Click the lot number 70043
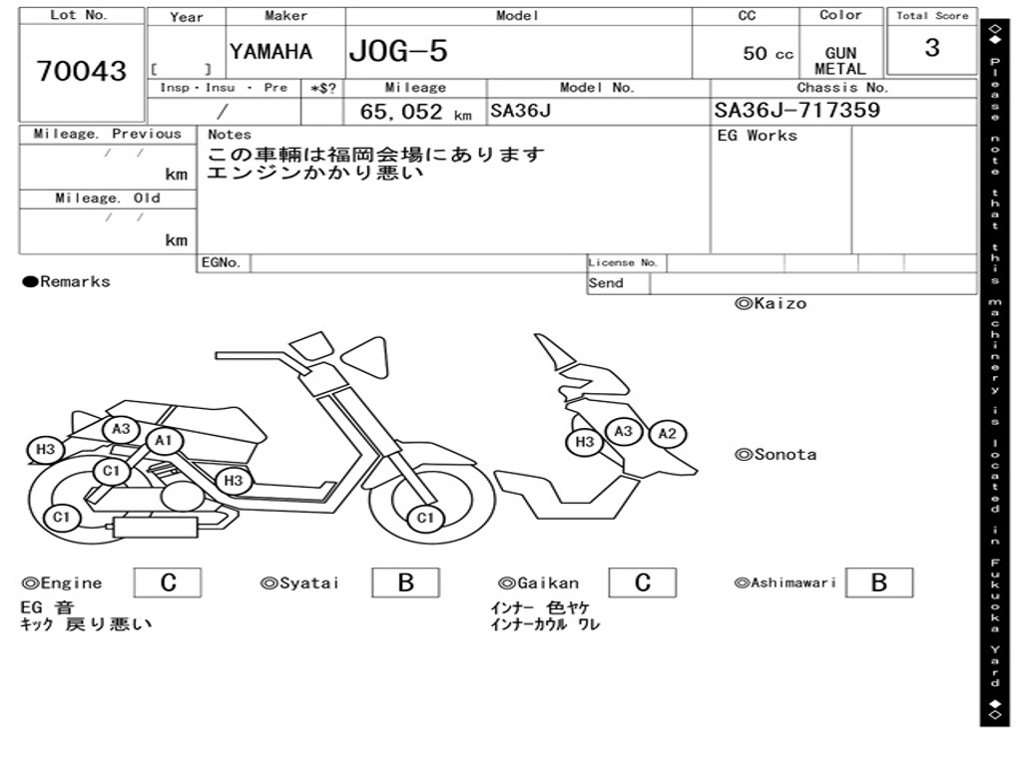coord(82,71)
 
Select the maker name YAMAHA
coord(270,52)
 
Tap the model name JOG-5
coord(398,51)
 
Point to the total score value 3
coord(932,48)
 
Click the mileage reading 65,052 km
coord(416,112)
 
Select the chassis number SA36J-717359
coord(797,110)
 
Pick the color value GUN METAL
coord(840,61)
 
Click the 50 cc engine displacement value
coord(767,54)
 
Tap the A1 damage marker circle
coord(164,441)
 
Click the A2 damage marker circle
coord(668,434)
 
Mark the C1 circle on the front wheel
coord(425,519)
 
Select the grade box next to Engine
coord(168,582)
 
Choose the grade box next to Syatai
coord(405,582)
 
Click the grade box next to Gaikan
coord(643,582)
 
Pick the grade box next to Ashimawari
coord(879,582)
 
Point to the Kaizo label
coord(770,303)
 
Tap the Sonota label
coord(775,455)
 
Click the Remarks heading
coord(67,281)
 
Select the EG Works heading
coord(758,136)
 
